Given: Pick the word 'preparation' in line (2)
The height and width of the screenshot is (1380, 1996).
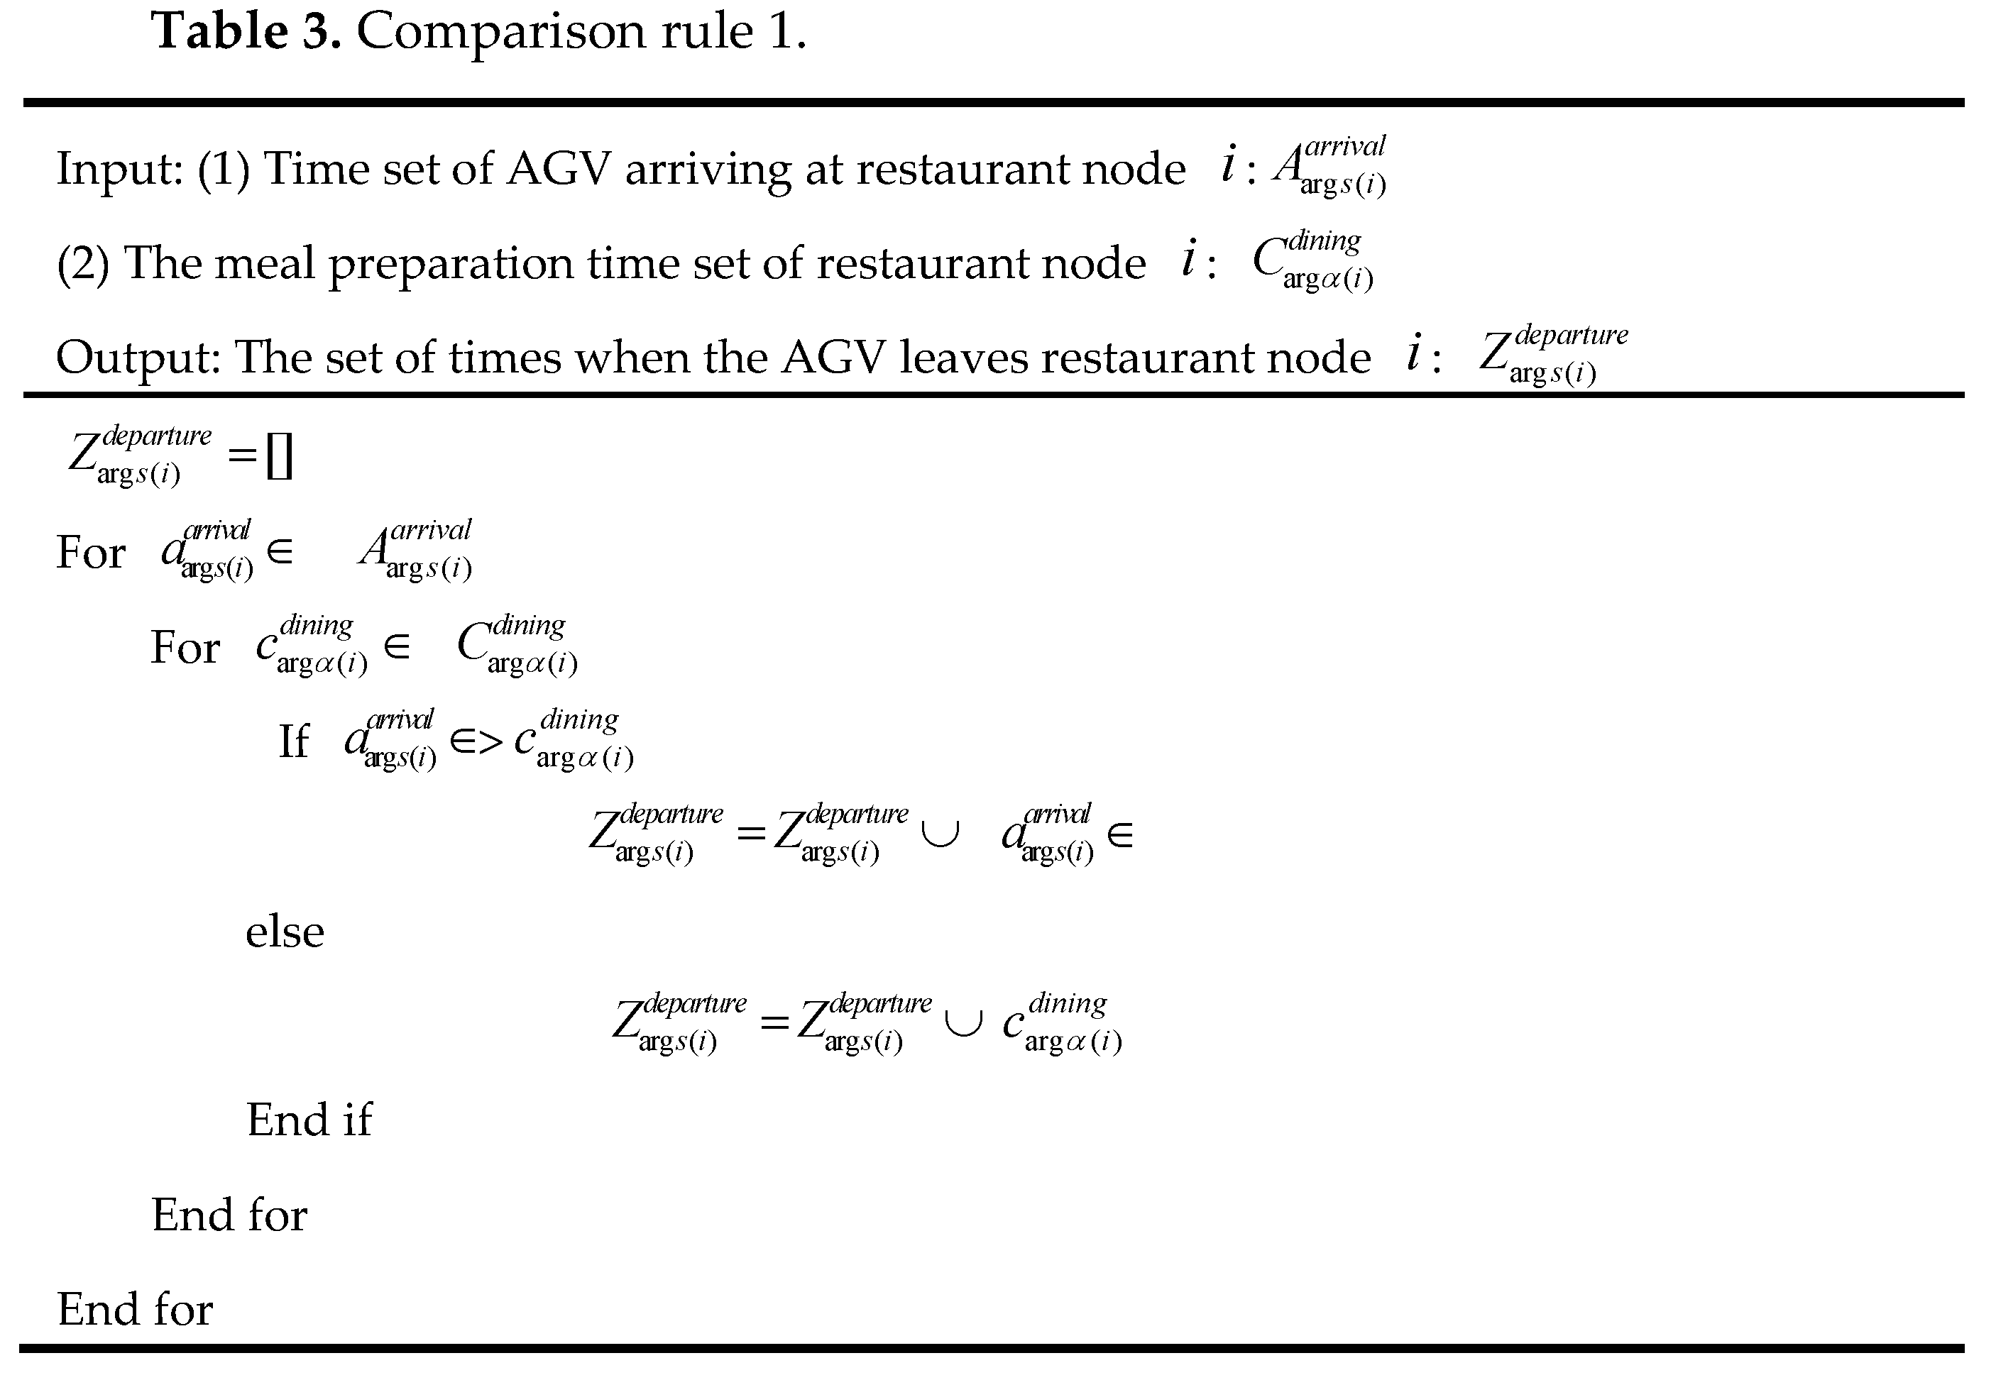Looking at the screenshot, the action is pyautogui.click(x=450, y=264).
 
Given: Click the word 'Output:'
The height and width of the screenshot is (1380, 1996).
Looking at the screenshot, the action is pyautogui.click(x=138, y=356).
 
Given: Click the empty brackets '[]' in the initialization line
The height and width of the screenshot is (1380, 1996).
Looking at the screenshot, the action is pyautogui.click(x=280, y=456).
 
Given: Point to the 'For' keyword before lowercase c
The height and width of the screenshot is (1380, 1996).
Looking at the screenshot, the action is pyautogui.click(x=185, y=647).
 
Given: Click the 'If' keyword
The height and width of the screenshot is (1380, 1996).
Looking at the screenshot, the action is pyautogui.click(x=293, y=741).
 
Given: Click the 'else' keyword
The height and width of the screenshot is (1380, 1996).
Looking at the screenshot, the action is pyautogui.click(x=285, y=932).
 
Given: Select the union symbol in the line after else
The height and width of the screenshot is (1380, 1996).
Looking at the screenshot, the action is pyautogui.click(x=963, y=1024).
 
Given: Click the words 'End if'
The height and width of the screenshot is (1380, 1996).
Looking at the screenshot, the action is pyautogui.click(x=309, y=1120).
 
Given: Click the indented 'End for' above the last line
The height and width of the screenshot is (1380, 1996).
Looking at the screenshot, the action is pyautogui.click(x=229, y=1214).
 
